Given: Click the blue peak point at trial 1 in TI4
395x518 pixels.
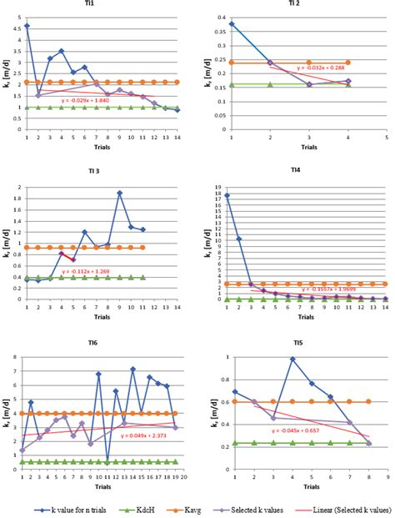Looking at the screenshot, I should [227, 195].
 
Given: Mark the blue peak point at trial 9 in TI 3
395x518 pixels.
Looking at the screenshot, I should [120, 193].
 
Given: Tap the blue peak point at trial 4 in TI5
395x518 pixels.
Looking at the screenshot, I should [293, 359].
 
